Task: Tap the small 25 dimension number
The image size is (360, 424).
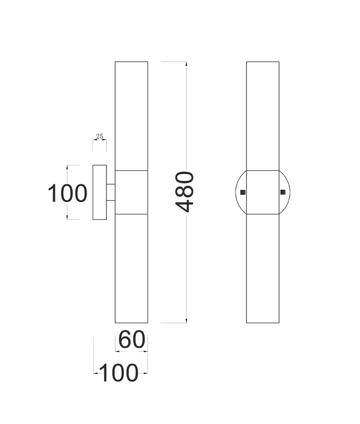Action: [x=99, y=136]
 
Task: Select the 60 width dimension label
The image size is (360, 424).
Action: [x=132, y=340]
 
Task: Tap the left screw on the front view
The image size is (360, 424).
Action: [x=243, y=192]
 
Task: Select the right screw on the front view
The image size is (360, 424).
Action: [x=283, y=192]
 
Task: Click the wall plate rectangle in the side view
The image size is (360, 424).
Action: [x=100, y=192]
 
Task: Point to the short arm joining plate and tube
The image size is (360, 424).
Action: [x=111, y=192]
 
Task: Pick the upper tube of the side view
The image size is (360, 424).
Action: [x=131, y=116]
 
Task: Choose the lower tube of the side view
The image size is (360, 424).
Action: [x=131, y=268]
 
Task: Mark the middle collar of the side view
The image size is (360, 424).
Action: [x=131, y=192]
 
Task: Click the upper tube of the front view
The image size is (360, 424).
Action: [x=263, y=116]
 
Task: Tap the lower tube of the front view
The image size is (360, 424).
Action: [x=263, y=268]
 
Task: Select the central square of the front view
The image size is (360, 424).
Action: [x=263, y=192]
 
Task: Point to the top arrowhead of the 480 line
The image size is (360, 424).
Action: [x=186, y=64]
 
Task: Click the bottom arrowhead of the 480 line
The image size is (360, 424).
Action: [x=186, y=321]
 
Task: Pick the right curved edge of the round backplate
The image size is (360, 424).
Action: [x=289, y=192]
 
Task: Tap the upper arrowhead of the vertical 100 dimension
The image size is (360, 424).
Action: [x=67, y=167]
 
